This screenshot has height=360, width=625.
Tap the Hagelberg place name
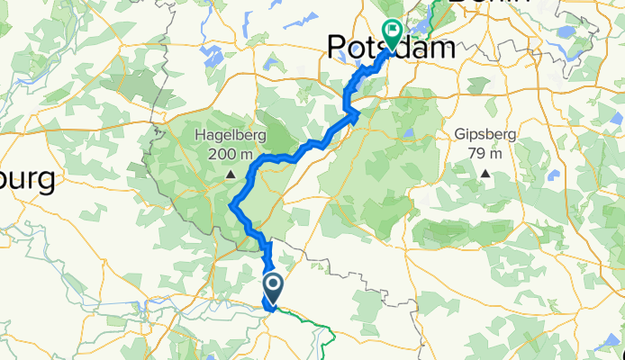point(231,137)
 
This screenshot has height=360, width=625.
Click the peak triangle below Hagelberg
point(231,174)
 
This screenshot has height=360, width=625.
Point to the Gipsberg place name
point(486,135)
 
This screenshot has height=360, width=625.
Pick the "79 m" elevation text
point(486,153)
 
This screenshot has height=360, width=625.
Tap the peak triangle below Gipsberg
point(486,173)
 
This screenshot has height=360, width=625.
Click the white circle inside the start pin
point(272,283)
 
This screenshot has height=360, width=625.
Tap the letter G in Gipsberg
point(460,135)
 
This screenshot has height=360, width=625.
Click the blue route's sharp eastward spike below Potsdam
point(358,113)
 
